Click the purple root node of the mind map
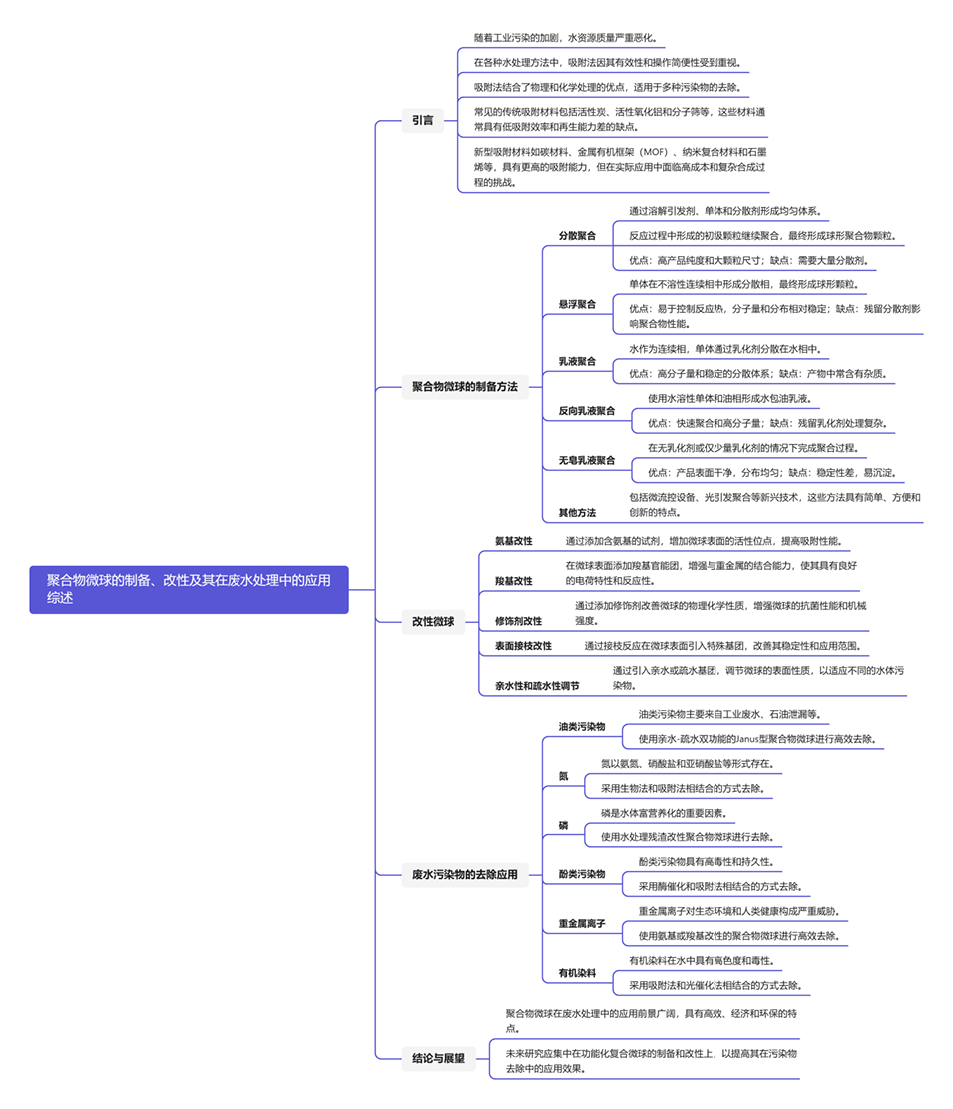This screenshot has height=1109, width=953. [x=189, y=589]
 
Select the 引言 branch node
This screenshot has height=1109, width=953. [x=422, y=120]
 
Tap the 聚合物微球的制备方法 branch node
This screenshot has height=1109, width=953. [x=464, y=386]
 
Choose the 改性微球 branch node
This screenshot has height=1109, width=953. [x=432, y=621]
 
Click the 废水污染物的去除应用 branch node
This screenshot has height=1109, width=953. [x=464, y=874]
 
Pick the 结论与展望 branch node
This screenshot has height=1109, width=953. [x=438, y=1058]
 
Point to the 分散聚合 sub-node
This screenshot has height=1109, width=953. [x=577, y=236]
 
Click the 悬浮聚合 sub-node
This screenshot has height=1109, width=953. [x=577, y=303]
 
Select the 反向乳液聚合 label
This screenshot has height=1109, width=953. [x=586, y=410]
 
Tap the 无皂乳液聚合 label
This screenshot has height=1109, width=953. [x=586, y=460]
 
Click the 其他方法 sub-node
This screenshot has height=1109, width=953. [x=577, y=512]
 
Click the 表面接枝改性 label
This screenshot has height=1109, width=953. [x=523, y=646]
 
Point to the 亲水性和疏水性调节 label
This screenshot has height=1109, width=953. [x=537, y=686]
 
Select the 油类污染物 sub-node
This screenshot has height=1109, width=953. [x=581, y=726]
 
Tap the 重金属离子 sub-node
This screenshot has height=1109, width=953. [x=581, y=924]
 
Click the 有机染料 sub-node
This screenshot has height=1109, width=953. [x=577, y=972]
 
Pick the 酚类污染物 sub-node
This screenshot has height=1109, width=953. [x=581, y=874]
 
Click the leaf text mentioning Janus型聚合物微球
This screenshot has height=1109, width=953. [x=761, y=739]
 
